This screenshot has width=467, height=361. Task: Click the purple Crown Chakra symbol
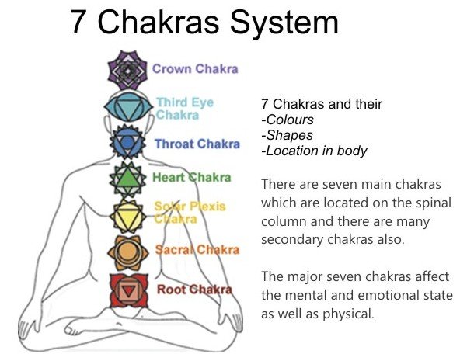point(127,71)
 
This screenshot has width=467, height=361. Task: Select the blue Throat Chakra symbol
point(127,142)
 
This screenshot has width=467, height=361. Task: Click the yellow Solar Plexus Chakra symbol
point(127,216)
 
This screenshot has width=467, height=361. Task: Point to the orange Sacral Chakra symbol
point(127,252)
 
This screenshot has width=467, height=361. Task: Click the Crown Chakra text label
point(195,69)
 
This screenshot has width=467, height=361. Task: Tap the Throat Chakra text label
point(197,144)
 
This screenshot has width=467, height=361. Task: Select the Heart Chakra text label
point(191,177)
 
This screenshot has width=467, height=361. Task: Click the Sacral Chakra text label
point(197,250)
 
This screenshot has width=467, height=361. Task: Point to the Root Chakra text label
point(194,290)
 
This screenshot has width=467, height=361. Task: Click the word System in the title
point(284,23)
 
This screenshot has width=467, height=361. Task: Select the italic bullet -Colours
point(288,120)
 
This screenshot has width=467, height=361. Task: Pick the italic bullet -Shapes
point(287,136)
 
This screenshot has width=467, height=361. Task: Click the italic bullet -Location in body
point(314,151)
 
